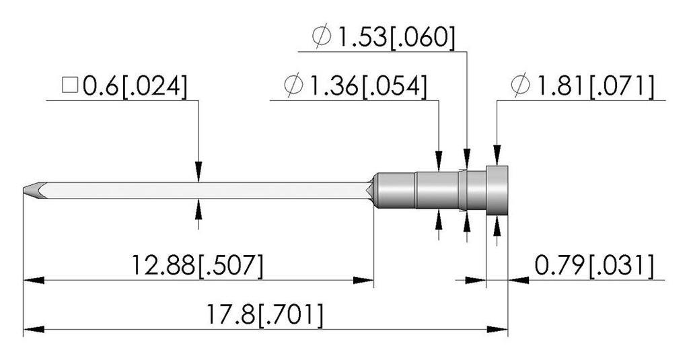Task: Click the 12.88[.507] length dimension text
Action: click(x=198, y=266)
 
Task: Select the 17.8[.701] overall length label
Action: click(x=265, y=315)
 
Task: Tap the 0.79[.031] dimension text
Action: click(x=594, y=266)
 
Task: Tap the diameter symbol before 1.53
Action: click(x=322, y=37)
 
